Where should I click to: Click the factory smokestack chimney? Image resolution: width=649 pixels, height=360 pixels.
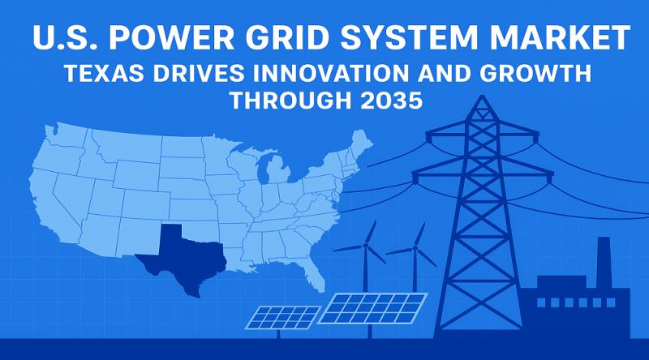tap(603, 259)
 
